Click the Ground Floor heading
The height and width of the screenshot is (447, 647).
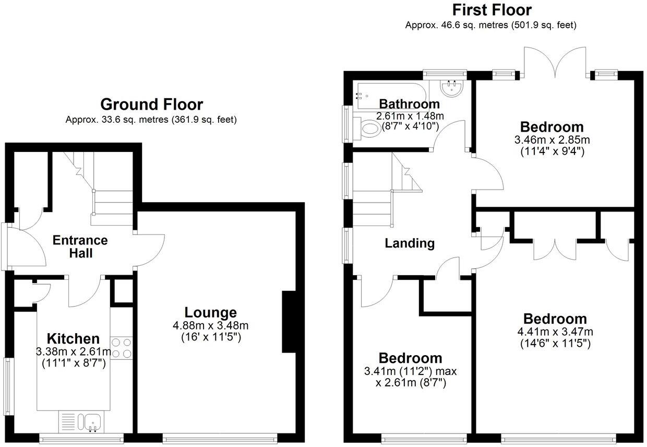[x=151, y=104]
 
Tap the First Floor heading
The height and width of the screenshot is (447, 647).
[x=492, y=10]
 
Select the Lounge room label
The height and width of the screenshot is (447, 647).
[x=211, y=313]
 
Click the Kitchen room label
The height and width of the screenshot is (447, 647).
[x=73, y=338]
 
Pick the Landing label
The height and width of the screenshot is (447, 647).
[x=410, y=243]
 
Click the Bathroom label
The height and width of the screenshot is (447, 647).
[x=409, y=103]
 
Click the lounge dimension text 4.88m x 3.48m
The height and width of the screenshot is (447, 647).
[x=211, y=326]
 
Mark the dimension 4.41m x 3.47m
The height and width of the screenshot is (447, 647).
[x=555, y=332]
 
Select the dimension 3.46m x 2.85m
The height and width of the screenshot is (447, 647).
[x=552, y=140]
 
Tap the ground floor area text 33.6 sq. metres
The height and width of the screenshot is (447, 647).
[x=151, y=120]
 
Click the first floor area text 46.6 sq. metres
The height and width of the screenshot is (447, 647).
[x=491, y=25]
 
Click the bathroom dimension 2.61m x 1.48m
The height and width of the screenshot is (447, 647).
[x=410, y=115]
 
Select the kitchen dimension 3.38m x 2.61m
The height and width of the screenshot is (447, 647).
[x=74, y=351]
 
